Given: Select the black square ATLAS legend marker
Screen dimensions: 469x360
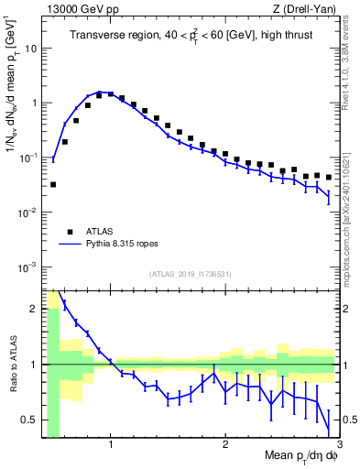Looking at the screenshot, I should pyautogui.click(x=68, y=233).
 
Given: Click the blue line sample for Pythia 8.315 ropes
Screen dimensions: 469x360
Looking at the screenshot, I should pyautogui.click(x=68, y=245).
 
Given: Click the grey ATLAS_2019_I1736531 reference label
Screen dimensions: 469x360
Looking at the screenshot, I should pyautogui.click(x=190, y=274).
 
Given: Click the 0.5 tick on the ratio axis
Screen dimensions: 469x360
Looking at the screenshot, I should pyautogui.click(x=27, y=420).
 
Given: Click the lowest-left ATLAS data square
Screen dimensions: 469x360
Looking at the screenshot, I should pyautogui.click(x=53, y=184).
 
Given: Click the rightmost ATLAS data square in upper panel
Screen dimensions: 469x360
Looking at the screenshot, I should pyautogui.click(x=329, y=177).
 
